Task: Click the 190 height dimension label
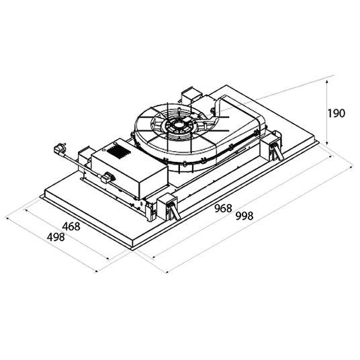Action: [x=336, y=114]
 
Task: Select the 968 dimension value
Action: [x=223, y=208]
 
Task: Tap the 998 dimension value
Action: [x=244, y=216]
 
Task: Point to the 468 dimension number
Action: [x=71, y=226]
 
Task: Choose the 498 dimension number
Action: [x=56, y=237]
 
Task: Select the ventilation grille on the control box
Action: [x=118, y=151]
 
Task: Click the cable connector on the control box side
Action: [x=107, y=177]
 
